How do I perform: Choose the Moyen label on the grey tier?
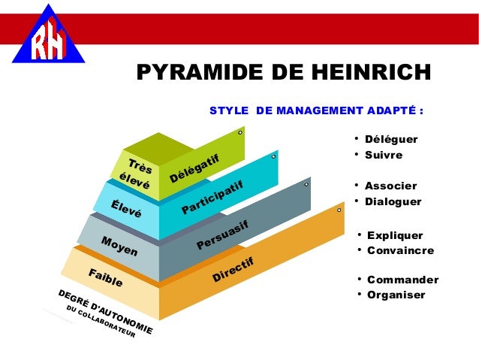coord(119,246)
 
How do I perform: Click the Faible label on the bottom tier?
coord(105,280)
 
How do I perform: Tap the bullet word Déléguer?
coord(390,139)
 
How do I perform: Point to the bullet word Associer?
coord(390,186)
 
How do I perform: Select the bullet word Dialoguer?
coord(393,202)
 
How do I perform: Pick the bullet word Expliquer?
coord(395,235)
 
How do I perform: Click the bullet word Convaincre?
coord(400,251)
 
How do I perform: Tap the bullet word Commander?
coord(402,280)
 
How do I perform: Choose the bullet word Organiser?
coord(396,295)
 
